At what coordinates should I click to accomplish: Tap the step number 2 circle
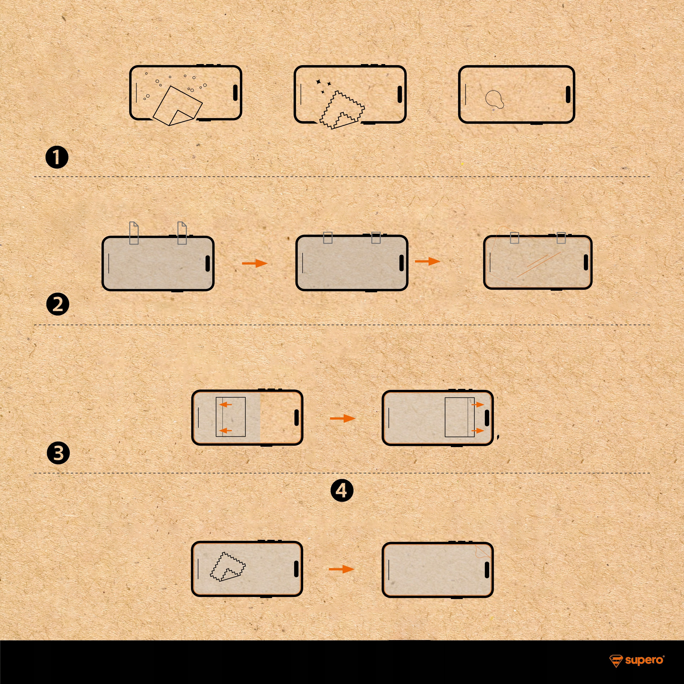[x=58, y=305]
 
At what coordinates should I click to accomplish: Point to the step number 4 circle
[x=342, y=490]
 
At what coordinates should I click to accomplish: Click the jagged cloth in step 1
[x=342, y=110]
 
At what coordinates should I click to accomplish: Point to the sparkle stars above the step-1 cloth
[x=323, y=86]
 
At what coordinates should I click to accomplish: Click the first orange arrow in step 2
[x=254, y=263]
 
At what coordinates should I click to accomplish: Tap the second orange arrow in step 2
[x=427, y=261]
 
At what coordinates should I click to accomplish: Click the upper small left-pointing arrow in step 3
[x=225, y=404]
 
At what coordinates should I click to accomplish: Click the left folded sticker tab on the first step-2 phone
[x=134, y=233]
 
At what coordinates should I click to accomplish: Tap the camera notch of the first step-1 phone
[x=236, y=93]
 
